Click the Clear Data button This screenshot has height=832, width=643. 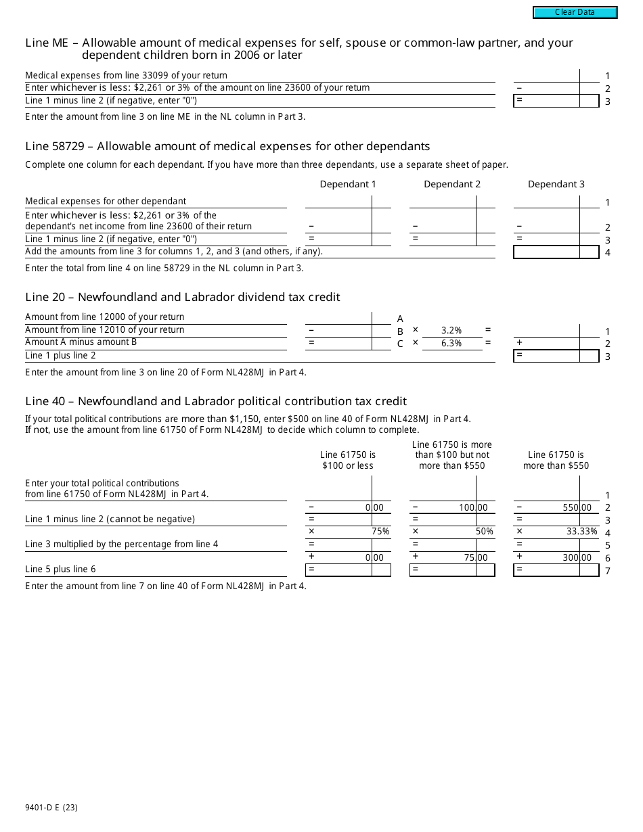click(x=575, y=12)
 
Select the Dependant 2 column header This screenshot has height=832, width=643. click(x=452, y=184)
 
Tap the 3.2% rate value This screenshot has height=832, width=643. click(x=451, y=330)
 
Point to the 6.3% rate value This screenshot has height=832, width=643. click(x=451, y=343)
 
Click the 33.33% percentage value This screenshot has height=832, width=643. click(x=581, y=532)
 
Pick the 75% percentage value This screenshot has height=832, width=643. click(x=380, y=532)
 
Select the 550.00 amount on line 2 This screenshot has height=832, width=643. click(x=577, y=507)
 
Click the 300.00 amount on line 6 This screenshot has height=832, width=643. click(x=577, y=557)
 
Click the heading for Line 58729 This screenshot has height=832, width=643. click(x=227, y=146)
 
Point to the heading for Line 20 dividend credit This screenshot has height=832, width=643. click(x=183, y=297)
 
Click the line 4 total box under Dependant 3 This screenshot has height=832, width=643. click(x=547, y=252)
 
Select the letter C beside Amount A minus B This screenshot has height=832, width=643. click(x=400, y=344)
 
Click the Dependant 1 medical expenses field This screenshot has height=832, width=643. click(x=338, y=202)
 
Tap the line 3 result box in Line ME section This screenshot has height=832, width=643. click(x=547, y=101)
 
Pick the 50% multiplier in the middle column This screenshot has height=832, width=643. click(x=484, y=532)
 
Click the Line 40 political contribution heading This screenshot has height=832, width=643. click(x=216, y=401)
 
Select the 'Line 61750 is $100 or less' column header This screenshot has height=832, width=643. click(x=348, y=460)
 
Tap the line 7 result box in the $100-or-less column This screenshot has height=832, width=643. click(x=338, y=570)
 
